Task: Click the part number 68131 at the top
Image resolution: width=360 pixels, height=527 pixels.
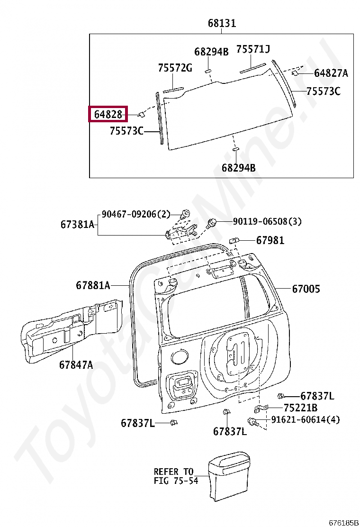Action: [222, 23]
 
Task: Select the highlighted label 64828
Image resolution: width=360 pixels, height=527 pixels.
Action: [108, 114]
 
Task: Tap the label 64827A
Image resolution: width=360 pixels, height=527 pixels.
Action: [331, 73]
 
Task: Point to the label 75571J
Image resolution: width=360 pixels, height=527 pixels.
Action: [253, 49]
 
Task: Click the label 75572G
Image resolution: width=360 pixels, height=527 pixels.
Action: [175, 68]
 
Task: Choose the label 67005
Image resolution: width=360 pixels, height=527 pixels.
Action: [306, 289]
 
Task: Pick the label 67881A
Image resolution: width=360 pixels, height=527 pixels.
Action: [93, 285]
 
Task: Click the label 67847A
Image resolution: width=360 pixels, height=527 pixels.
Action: [76, 364]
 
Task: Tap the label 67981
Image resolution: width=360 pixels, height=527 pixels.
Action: [270, 241]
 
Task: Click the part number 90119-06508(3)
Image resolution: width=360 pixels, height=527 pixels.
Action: [267, 221]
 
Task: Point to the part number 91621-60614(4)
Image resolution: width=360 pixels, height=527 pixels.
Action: [305, 420]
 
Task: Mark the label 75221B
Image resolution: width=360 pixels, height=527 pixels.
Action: [300, 408]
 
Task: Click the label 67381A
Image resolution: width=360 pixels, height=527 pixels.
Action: [77, 225]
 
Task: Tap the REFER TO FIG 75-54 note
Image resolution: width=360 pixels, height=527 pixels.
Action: [173, 476]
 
